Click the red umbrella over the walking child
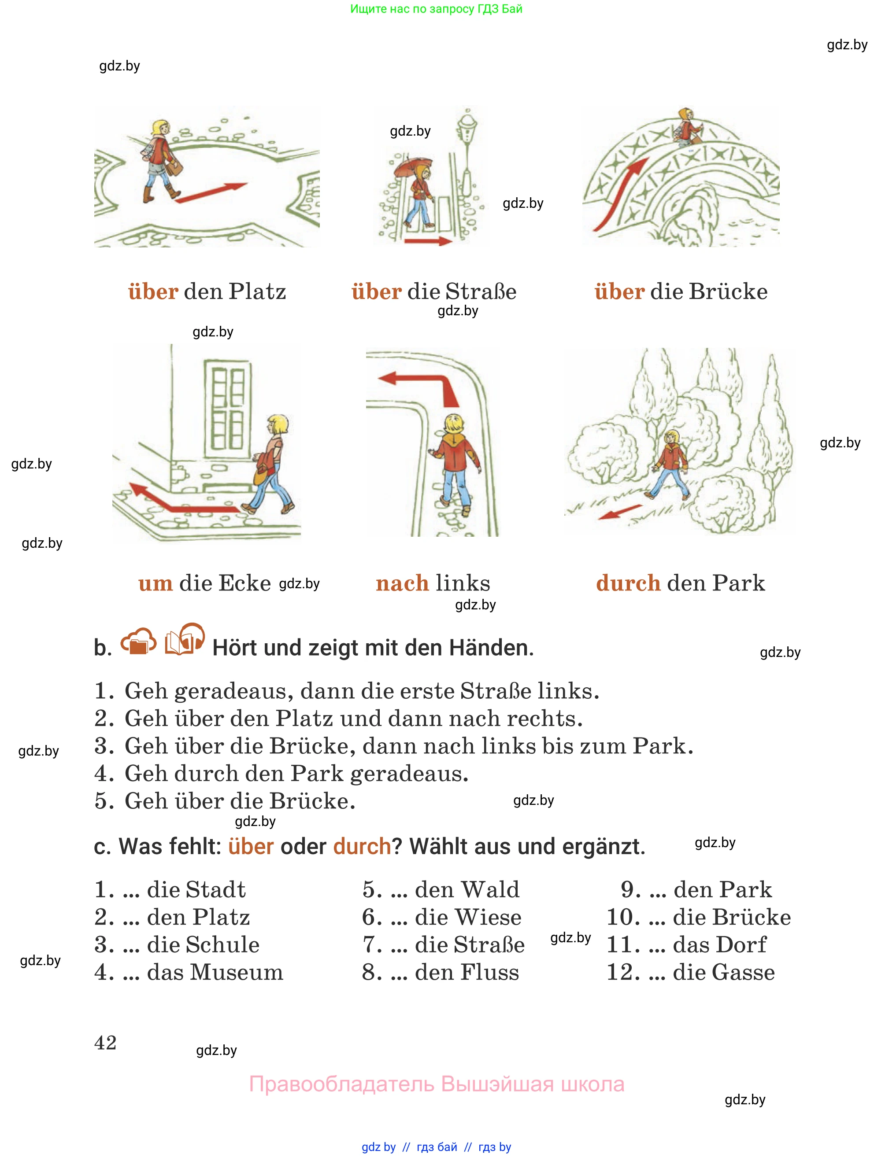[413, 167]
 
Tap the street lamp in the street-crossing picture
[467, 152]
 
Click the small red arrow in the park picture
[621, 512]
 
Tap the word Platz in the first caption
[257, 291]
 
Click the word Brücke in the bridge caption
[728, 291]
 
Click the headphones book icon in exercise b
[184, 640]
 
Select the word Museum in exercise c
[237, 972]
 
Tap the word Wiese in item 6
[488, 917]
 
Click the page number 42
[105, 1042]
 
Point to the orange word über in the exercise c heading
[251, 847]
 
